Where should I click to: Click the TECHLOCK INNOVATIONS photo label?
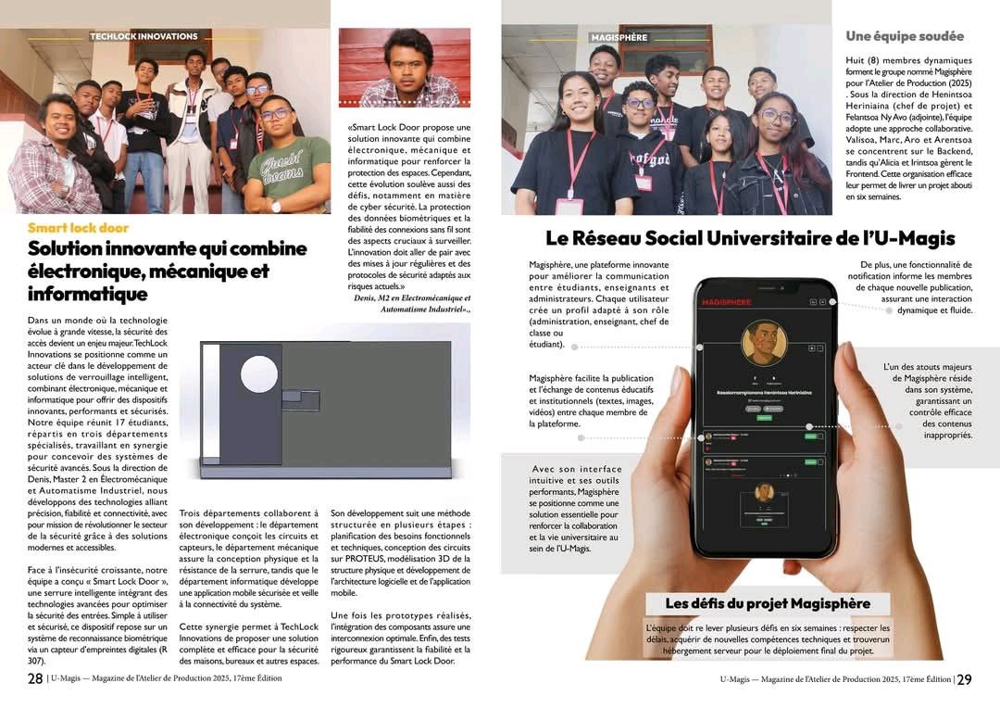point(144,37)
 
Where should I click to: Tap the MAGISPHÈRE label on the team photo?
point(619,38)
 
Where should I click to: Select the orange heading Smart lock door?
point(78,228)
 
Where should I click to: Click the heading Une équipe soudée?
point(904,36)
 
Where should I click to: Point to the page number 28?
point(34,679)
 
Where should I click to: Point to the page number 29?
point(964,679)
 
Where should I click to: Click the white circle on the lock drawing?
point(259,373)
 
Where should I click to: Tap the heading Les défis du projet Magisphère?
point(768,604)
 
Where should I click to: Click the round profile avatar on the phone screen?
point(764,343)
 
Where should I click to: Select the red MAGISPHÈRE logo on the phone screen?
point(727,302)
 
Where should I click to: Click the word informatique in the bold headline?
point(87,295)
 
